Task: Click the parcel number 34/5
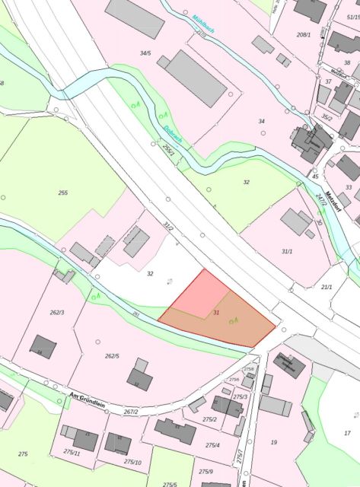[x=145, y=53]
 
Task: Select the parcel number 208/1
[x=304, y=35]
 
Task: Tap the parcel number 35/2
[x=327, y=117]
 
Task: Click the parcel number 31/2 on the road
[x=169, y=228]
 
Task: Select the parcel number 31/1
[x=287, y=251]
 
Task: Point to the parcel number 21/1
[x=327, y=287]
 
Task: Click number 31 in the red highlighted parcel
[x=217, y=313]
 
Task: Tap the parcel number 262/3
[x=57, y=313]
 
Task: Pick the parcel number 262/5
[x=113, y=356]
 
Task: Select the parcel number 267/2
[x=131, y=412]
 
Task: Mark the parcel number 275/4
[x=212, y=445]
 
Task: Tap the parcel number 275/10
[x=133, y=462]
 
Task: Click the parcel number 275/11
[x=72, y=452]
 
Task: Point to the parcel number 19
[x=274, y=442]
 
